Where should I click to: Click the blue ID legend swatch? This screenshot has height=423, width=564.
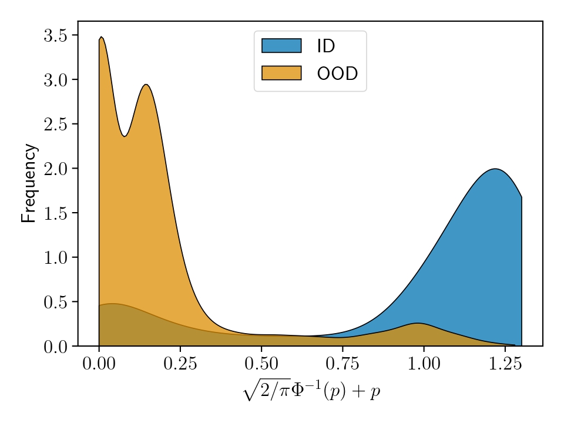pyautogui.click(x=281, y=46)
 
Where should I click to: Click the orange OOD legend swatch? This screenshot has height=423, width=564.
pyautogui.click(x=281, y=73)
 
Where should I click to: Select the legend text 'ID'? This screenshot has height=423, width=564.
pyautogui.click(x=325, y=46)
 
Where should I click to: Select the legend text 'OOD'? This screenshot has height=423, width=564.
pyautogui.click(x=337, y=73)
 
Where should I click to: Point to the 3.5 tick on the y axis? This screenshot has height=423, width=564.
pyautogui.click(x=56, y=35)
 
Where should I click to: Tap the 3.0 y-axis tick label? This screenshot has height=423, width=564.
pyautogui.click(x=56, y=80)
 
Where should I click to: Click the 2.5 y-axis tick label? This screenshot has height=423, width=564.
pyautogui.click(x=56, y=124)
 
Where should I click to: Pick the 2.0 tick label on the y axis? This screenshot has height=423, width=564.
pyautogui.click(x=56, y=169)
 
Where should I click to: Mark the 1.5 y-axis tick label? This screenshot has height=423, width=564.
pyautogui.click(x=56, y=213)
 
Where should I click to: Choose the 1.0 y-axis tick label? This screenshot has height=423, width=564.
pyautogui.click(x=56, y=257)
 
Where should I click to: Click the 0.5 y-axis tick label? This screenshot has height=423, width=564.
pyautogui.click(x=56, y=302)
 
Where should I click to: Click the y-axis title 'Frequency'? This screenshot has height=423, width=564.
pyautogui.click(x=29, y=183)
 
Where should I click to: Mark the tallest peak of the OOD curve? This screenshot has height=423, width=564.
pyautogui.click(x=101, y=37)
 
